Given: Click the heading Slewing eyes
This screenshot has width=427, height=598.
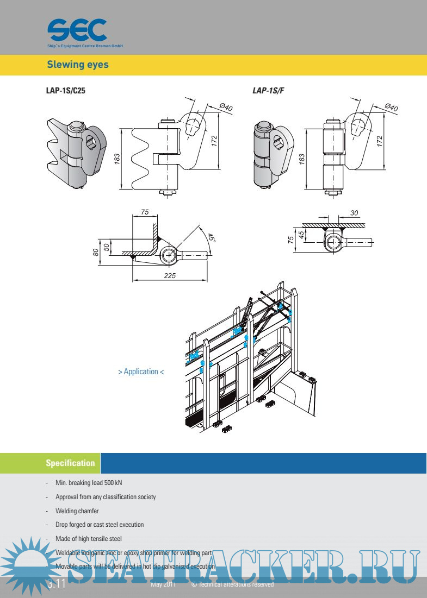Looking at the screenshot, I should [x=78, y=65].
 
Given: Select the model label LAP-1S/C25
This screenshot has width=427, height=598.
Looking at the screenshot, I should [x=65, y=91].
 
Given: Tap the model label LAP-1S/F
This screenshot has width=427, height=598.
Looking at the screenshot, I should [x=268, y=91].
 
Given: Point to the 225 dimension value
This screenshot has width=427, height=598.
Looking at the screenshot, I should [x=169, y=275].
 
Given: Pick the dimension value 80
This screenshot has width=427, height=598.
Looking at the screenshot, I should [x=96, y=252].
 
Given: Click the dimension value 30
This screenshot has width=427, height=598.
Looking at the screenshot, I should [x=354, y=213].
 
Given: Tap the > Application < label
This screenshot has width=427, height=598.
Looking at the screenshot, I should [x=141, y=372].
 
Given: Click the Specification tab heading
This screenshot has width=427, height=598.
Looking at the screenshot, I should [x=70, y=463].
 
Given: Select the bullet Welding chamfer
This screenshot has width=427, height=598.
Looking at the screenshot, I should [x=77, y=511].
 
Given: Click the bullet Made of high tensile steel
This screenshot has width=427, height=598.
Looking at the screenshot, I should [x=89, y=539].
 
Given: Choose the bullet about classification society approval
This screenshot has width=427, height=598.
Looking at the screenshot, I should [x=106, y=497].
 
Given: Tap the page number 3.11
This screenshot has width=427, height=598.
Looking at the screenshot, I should [x=57, y=584].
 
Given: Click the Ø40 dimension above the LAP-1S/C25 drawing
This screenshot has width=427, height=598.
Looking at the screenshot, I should [x=225, y=108].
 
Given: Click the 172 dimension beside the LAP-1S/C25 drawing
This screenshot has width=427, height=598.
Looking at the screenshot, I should [x=214, y=141].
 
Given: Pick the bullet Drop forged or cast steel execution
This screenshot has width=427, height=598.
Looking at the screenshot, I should [x=100, y=525].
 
